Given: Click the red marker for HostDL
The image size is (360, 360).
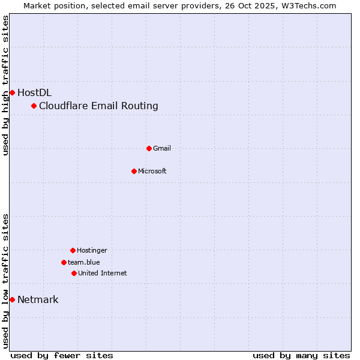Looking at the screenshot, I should pyautogui.click(x=12, y=92).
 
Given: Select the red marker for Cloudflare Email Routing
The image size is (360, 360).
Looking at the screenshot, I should pyautogui.click(x=34, y=106).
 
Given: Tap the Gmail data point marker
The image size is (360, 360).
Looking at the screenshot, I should pyautogui.click(x=149, y=148).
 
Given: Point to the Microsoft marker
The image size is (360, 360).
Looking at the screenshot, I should pyautogui.click(x=134, y=171).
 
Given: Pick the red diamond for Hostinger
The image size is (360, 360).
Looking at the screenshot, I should pyautogui.click(x=73, y=250).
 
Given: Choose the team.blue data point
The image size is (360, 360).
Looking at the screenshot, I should pyautogui.click(x=64, y=262).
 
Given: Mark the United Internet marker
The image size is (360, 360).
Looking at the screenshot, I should pyautogui.click(x=74, y=273).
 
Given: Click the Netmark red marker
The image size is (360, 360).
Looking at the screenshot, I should pyautogui.click(x=12, y=299).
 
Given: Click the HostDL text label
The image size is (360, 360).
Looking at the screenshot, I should pyautogui.click(x=34, y=92).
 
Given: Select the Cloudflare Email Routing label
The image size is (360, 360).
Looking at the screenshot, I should pyautogui.click(x=98, y=106).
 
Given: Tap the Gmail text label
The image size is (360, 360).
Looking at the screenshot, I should pyautogui.click(x=162, y=148).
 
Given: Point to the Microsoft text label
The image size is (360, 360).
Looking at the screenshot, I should pyautogui.click(x=152, y=171).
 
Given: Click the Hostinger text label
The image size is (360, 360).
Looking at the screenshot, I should pyautogui.click(x=92, y=250).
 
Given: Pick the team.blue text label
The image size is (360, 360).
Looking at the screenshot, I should pyautogui.click(x=84, y=262).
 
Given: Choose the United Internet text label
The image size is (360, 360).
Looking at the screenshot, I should pyautogui.click(x=102, y=273).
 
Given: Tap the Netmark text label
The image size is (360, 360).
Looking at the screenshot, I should pyautogui.click(x=38, y=300).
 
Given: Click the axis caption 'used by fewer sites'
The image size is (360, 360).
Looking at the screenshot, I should pyautogui.click(x=62, y=355).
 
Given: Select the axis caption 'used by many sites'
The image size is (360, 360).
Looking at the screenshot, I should pyautogui.click(x=301, y=355).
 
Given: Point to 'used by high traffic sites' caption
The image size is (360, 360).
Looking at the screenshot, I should pyautogui.click(x=5, y=85).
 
